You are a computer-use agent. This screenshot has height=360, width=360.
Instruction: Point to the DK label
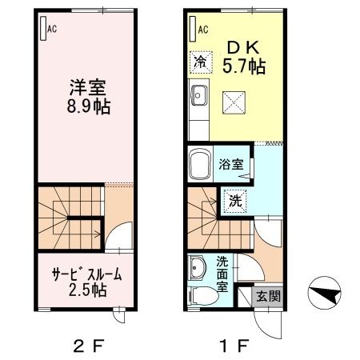click(242, 46)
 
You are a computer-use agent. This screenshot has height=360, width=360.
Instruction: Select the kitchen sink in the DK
click(199, 100)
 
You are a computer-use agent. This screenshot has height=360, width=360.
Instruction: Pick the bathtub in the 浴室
click(200, 165)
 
